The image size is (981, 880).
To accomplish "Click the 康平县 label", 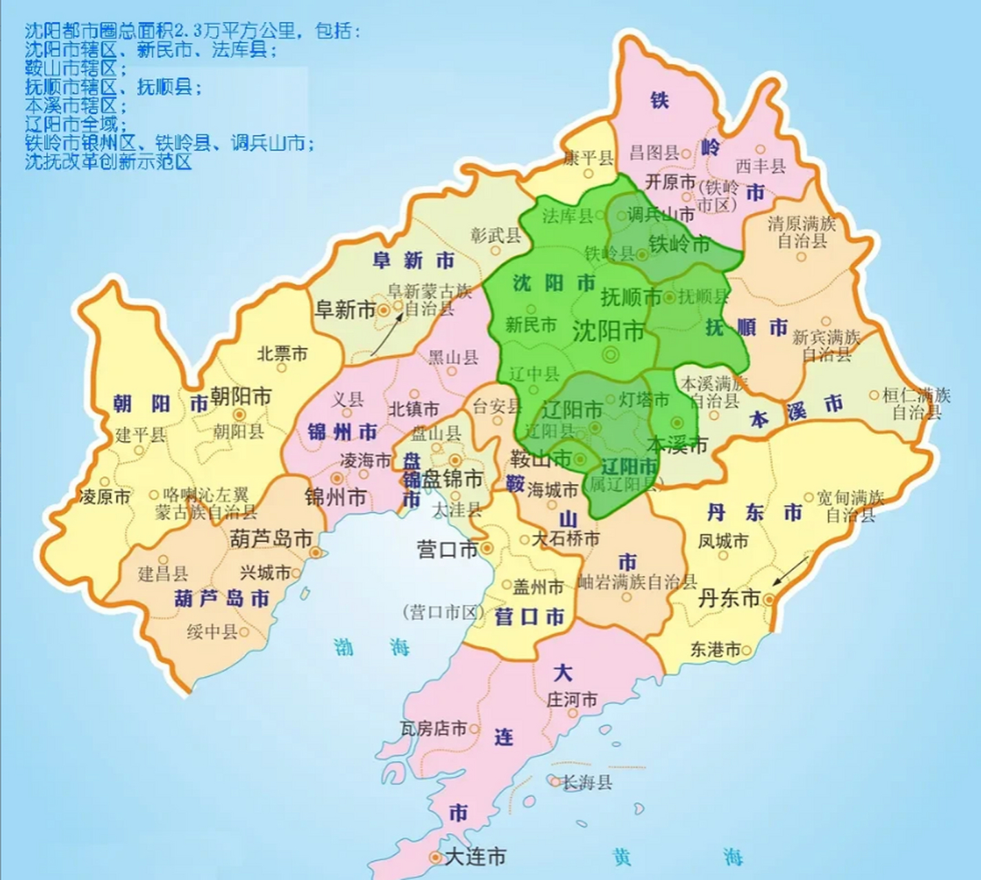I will pyautogui.click(x=588, y=158).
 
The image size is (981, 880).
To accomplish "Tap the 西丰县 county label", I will pyautogui.click(x=760, y=166).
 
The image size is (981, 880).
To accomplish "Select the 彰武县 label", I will pyautogui.click(x=496, y=235).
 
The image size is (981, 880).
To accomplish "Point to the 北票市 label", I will pyautogui.click(x=282, y=353).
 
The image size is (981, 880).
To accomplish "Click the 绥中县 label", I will pyautogui.click(x=212, y=631).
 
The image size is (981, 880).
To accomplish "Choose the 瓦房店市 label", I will pyautogui.click(x=433, y=728).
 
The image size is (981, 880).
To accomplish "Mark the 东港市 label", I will pyautogui.click(x=716, y=649).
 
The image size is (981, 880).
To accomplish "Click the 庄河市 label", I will pyautogui.click(x=571, y=700).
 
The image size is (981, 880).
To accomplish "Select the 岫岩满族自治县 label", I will pyautogui.click(x=637, y=582).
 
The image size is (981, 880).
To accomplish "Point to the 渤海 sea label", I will pyautogui.click(x=371, y=647).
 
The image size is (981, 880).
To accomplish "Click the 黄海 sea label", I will pyautogui.click(x=676, y=857).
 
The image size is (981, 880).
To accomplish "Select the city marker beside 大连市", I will pyautogui.click(x=434, y=857).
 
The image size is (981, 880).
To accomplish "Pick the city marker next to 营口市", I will pyautogui.click(x=487, y=548).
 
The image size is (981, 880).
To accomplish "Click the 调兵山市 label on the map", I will pyautogui.click(x=661, y=214).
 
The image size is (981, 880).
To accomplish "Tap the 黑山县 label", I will pyautogui.click(x=453, y=356).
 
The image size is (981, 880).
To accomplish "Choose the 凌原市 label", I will pyautogui.click(x=104, y=496).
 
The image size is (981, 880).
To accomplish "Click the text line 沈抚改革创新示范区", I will pyautogui.click(x=108, y=162).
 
